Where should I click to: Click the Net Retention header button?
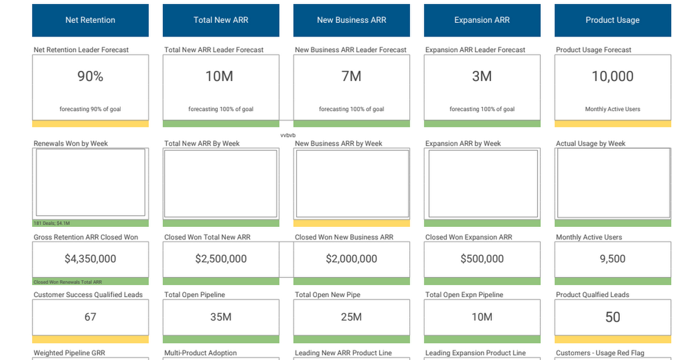(90, 20)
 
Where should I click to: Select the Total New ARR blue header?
(221, 20)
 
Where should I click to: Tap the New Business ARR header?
(352, 20)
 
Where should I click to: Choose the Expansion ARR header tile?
(482, 20)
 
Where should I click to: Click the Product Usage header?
(612, 20)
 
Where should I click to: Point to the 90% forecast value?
(90, 76)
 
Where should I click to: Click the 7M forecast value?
(352, 76)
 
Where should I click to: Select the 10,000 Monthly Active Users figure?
(612, 76)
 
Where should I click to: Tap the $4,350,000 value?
(90, 259)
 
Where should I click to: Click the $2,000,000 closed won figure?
(352, 259)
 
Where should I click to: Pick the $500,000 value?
(482, 259)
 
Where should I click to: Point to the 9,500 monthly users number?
(612, 259)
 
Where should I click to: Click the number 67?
(90, 317)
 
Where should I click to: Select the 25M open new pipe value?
(352, 317)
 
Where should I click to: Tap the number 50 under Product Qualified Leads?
(612, 317)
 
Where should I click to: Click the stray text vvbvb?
(288, 135)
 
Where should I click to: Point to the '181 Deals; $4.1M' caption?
(51, 223)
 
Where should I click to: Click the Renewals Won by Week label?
(71, 143)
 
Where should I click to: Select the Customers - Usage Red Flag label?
(600, 353)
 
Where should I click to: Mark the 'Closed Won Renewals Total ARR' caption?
(67, 282)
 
